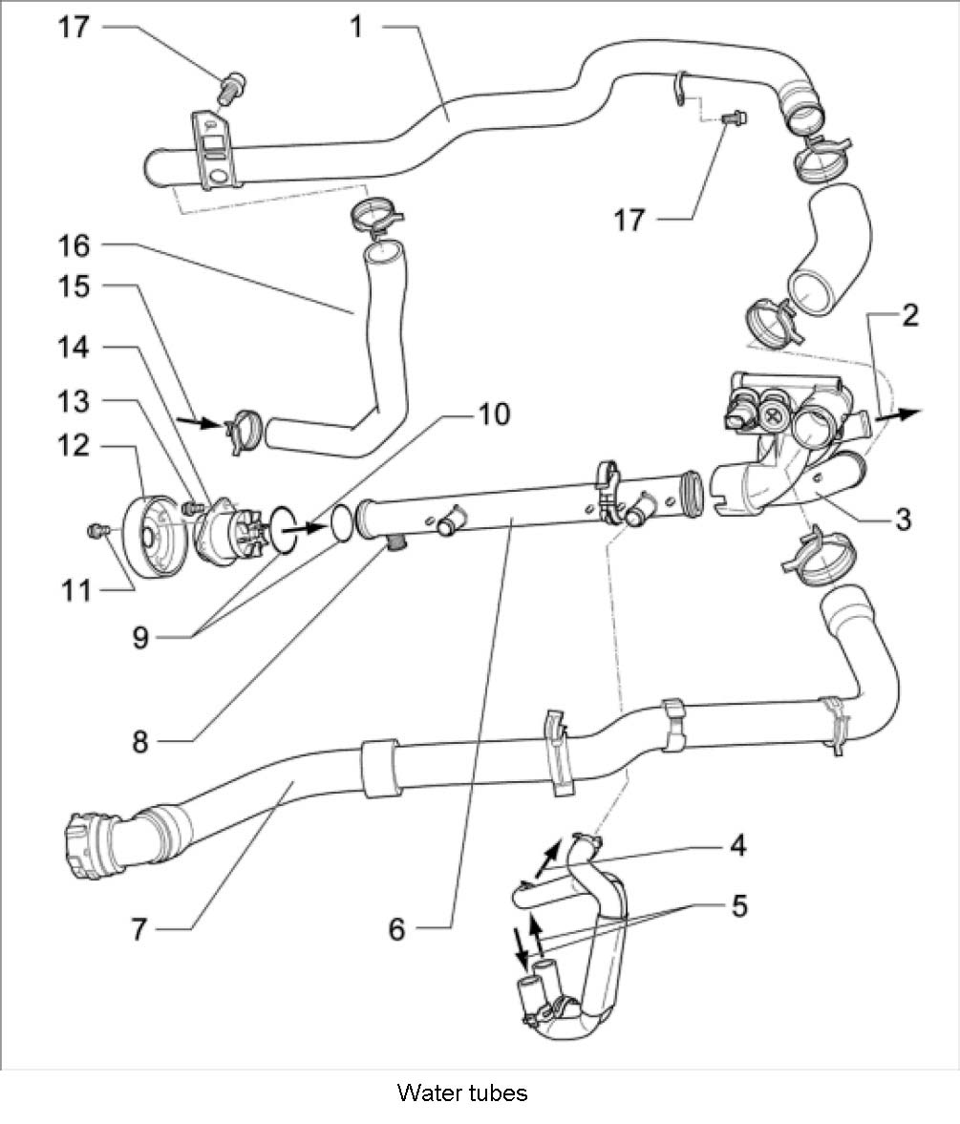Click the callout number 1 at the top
(356, 26)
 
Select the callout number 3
(903, 520)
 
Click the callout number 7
(140, 928)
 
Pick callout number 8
(140, 741)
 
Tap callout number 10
(494, 414)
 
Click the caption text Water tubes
(462, 1092)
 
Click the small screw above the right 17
(735, 118)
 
